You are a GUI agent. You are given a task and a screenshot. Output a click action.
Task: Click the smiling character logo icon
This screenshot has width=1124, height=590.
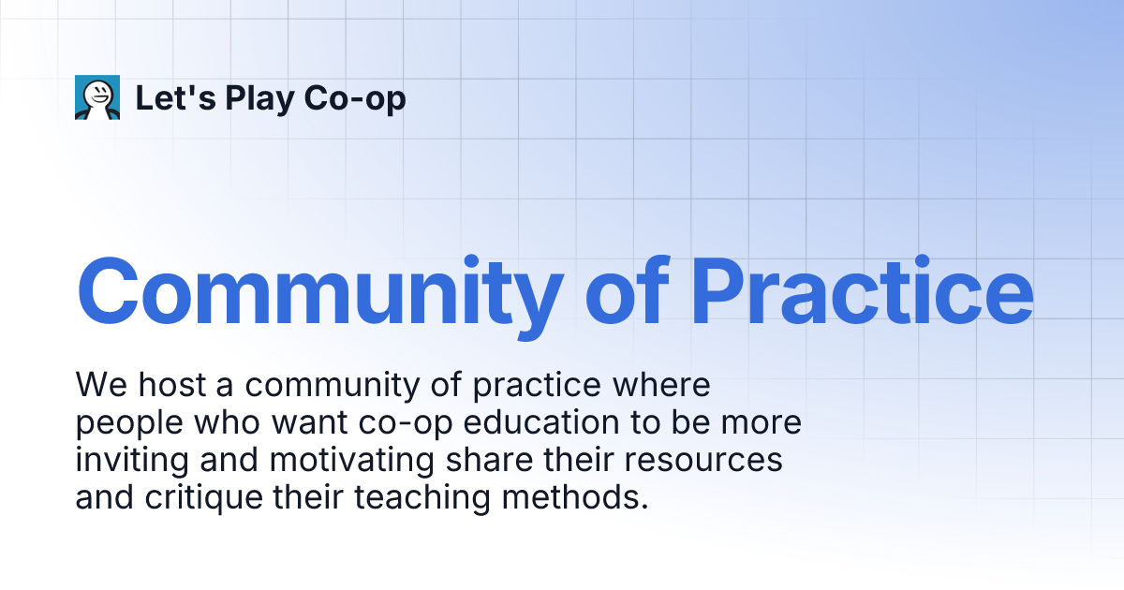point(97,97)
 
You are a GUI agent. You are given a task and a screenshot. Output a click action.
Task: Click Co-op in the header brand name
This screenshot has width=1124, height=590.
point(355,98)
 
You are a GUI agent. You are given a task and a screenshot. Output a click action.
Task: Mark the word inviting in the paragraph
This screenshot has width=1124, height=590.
point(130,461)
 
